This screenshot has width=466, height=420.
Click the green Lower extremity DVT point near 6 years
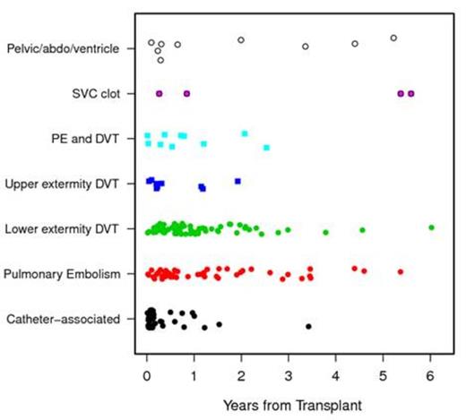pos(432,227)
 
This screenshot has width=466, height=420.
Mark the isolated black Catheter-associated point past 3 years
pos(308,326)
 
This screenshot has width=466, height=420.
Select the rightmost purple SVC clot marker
pos(411,93)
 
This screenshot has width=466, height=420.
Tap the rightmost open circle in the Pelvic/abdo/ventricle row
pos(393,38)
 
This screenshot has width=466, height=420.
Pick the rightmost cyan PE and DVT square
pos(266,147)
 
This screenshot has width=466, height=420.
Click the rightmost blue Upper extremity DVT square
pos(237,181)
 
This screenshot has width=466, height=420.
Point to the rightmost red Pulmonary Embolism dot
pos(401,271)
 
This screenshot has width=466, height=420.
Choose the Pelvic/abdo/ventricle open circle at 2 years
pos(241,39)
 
